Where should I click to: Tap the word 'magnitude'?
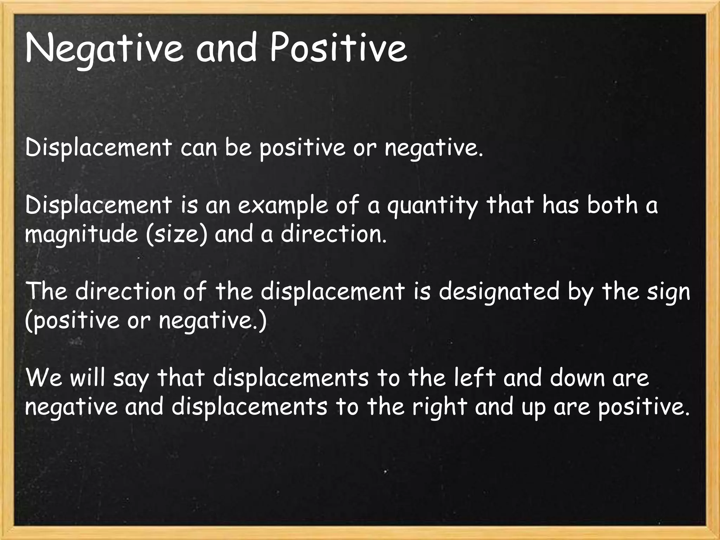[x=82, y=234]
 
